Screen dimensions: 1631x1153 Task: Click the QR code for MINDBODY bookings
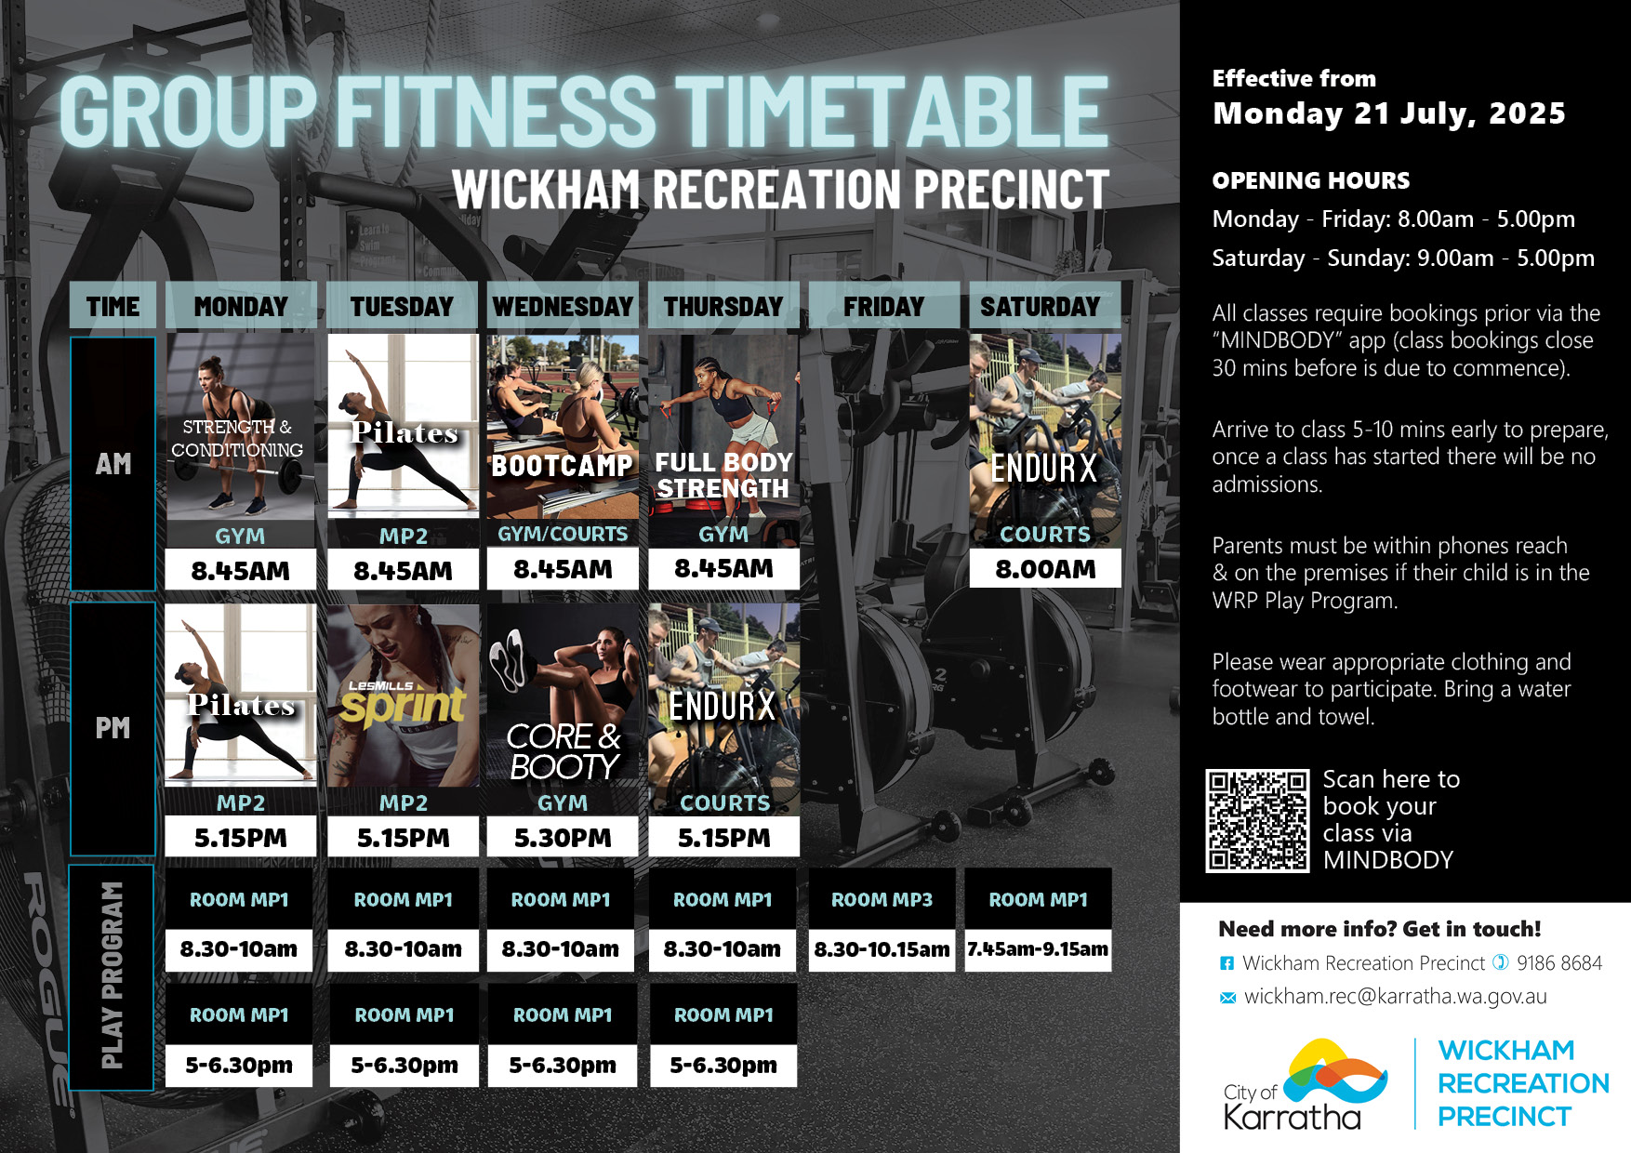pos(1257,820)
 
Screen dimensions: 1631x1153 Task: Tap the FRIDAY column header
pos(883,306)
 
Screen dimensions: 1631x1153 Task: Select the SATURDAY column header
pos(1041,306)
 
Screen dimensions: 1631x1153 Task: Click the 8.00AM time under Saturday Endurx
pos(1045,569)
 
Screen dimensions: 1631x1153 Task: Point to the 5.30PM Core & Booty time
pos(563,838)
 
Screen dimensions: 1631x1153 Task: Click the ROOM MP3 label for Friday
pos(882,899)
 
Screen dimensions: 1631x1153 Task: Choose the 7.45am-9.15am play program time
pos(1038,949)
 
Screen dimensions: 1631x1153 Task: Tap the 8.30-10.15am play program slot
pos(882,949)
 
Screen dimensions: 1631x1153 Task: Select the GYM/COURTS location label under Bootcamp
pos(563,534)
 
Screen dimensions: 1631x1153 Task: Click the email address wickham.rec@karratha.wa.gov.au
pos(1395,996)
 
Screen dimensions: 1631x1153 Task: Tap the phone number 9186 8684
pos(1559,962)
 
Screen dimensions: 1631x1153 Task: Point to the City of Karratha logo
pos(1306,1084)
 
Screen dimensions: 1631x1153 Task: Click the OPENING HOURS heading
pos(1310,180)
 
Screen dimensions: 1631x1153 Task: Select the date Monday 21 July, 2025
pos(1389,113)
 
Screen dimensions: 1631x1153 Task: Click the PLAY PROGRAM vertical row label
pos(112,975)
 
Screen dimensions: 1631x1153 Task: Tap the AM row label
pos(113,463)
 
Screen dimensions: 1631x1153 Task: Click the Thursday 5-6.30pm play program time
pos(723,1065)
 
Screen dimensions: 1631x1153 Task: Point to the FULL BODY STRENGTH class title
pos(723,475)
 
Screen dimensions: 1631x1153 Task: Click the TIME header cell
pos(113,306)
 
